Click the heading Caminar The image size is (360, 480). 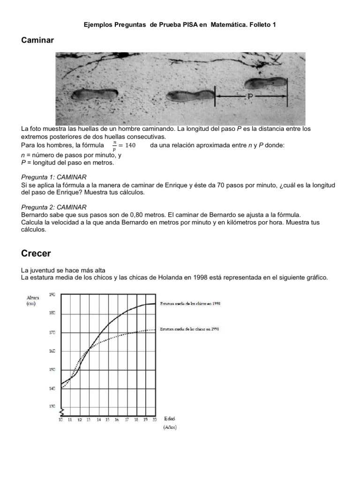37,40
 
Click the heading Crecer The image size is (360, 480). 36,254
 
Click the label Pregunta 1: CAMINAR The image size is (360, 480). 54,177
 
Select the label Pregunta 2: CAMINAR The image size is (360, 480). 54,207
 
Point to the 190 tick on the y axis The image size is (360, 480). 52,294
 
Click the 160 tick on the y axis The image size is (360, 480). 52,351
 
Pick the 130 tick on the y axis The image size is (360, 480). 52,406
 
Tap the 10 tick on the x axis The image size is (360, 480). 60,420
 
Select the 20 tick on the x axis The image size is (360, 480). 154,420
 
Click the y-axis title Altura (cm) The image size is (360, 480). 33,300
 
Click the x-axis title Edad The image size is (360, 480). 170,419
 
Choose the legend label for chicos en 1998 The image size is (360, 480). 190,304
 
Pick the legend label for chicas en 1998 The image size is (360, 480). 190,329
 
